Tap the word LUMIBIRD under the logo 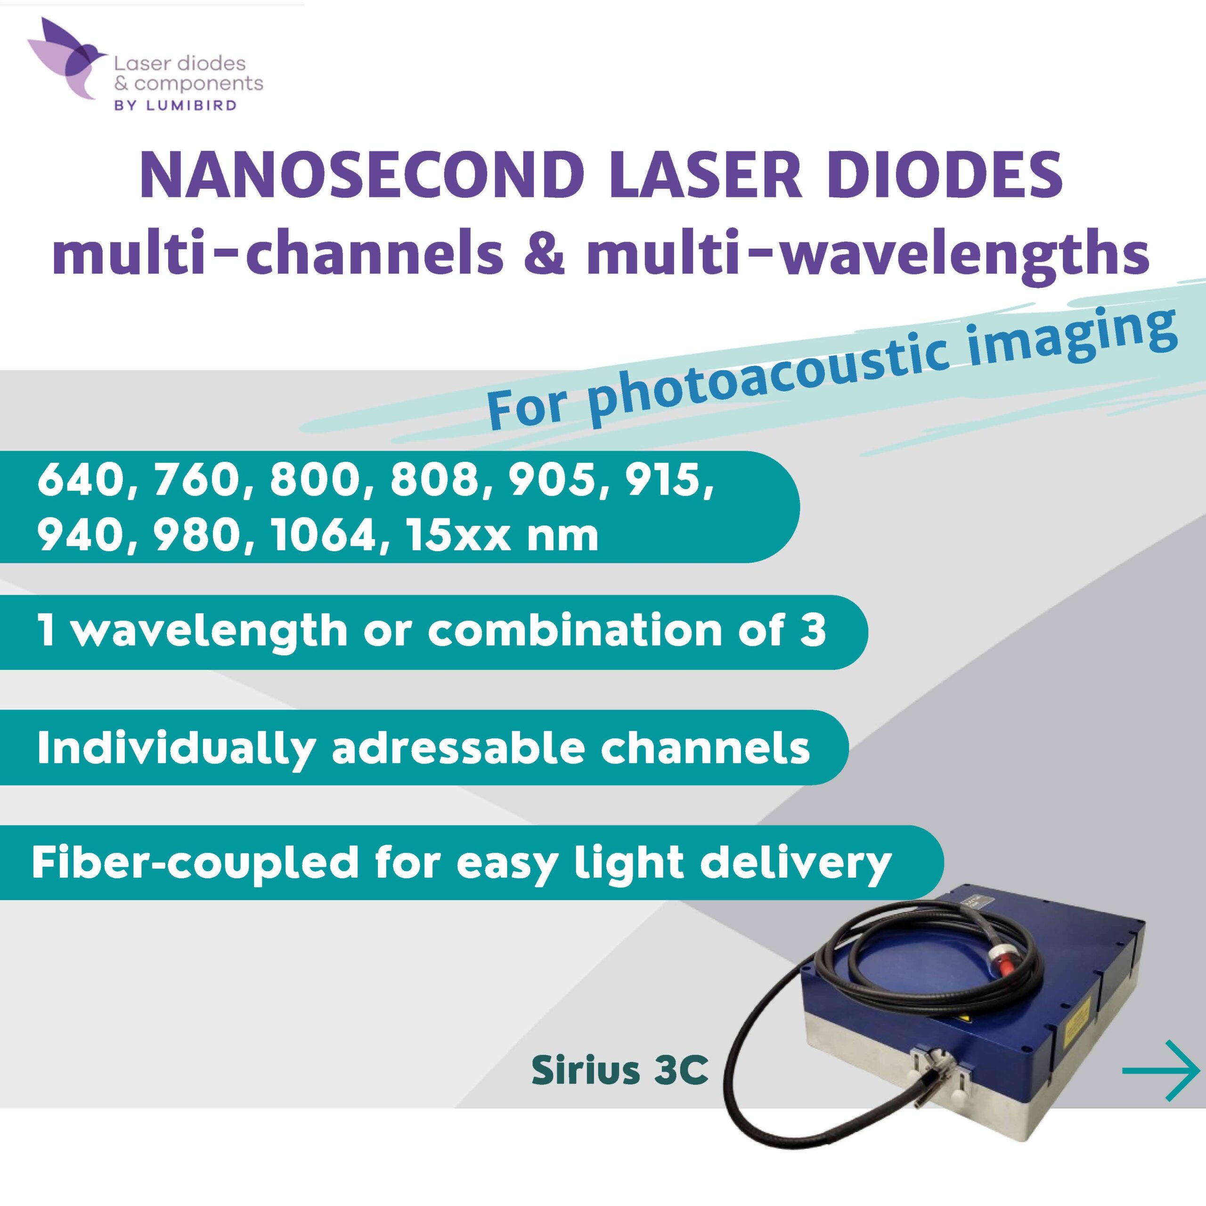point(192,106)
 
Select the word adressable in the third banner point(458,747)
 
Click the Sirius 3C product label point(620,1070)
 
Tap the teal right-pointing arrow point(1160,1070)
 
